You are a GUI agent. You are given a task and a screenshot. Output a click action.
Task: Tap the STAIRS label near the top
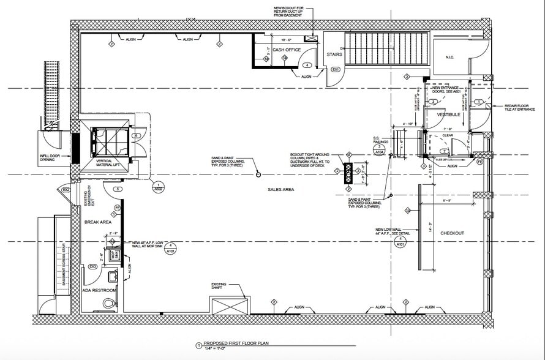[x=334, y=54]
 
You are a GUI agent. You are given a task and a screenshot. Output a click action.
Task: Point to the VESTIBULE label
[x=448, y=114]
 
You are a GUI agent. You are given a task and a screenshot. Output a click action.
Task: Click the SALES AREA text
[x=281, y=190]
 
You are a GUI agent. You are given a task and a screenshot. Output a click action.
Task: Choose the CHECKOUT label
[x=452, y=233]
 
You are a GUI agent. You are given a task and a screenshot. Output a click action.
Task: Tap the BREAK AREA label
[x=97, y=222]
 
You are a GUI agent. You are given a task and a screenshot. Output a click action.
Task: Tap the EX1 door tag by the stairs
[x=336, y=70]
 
